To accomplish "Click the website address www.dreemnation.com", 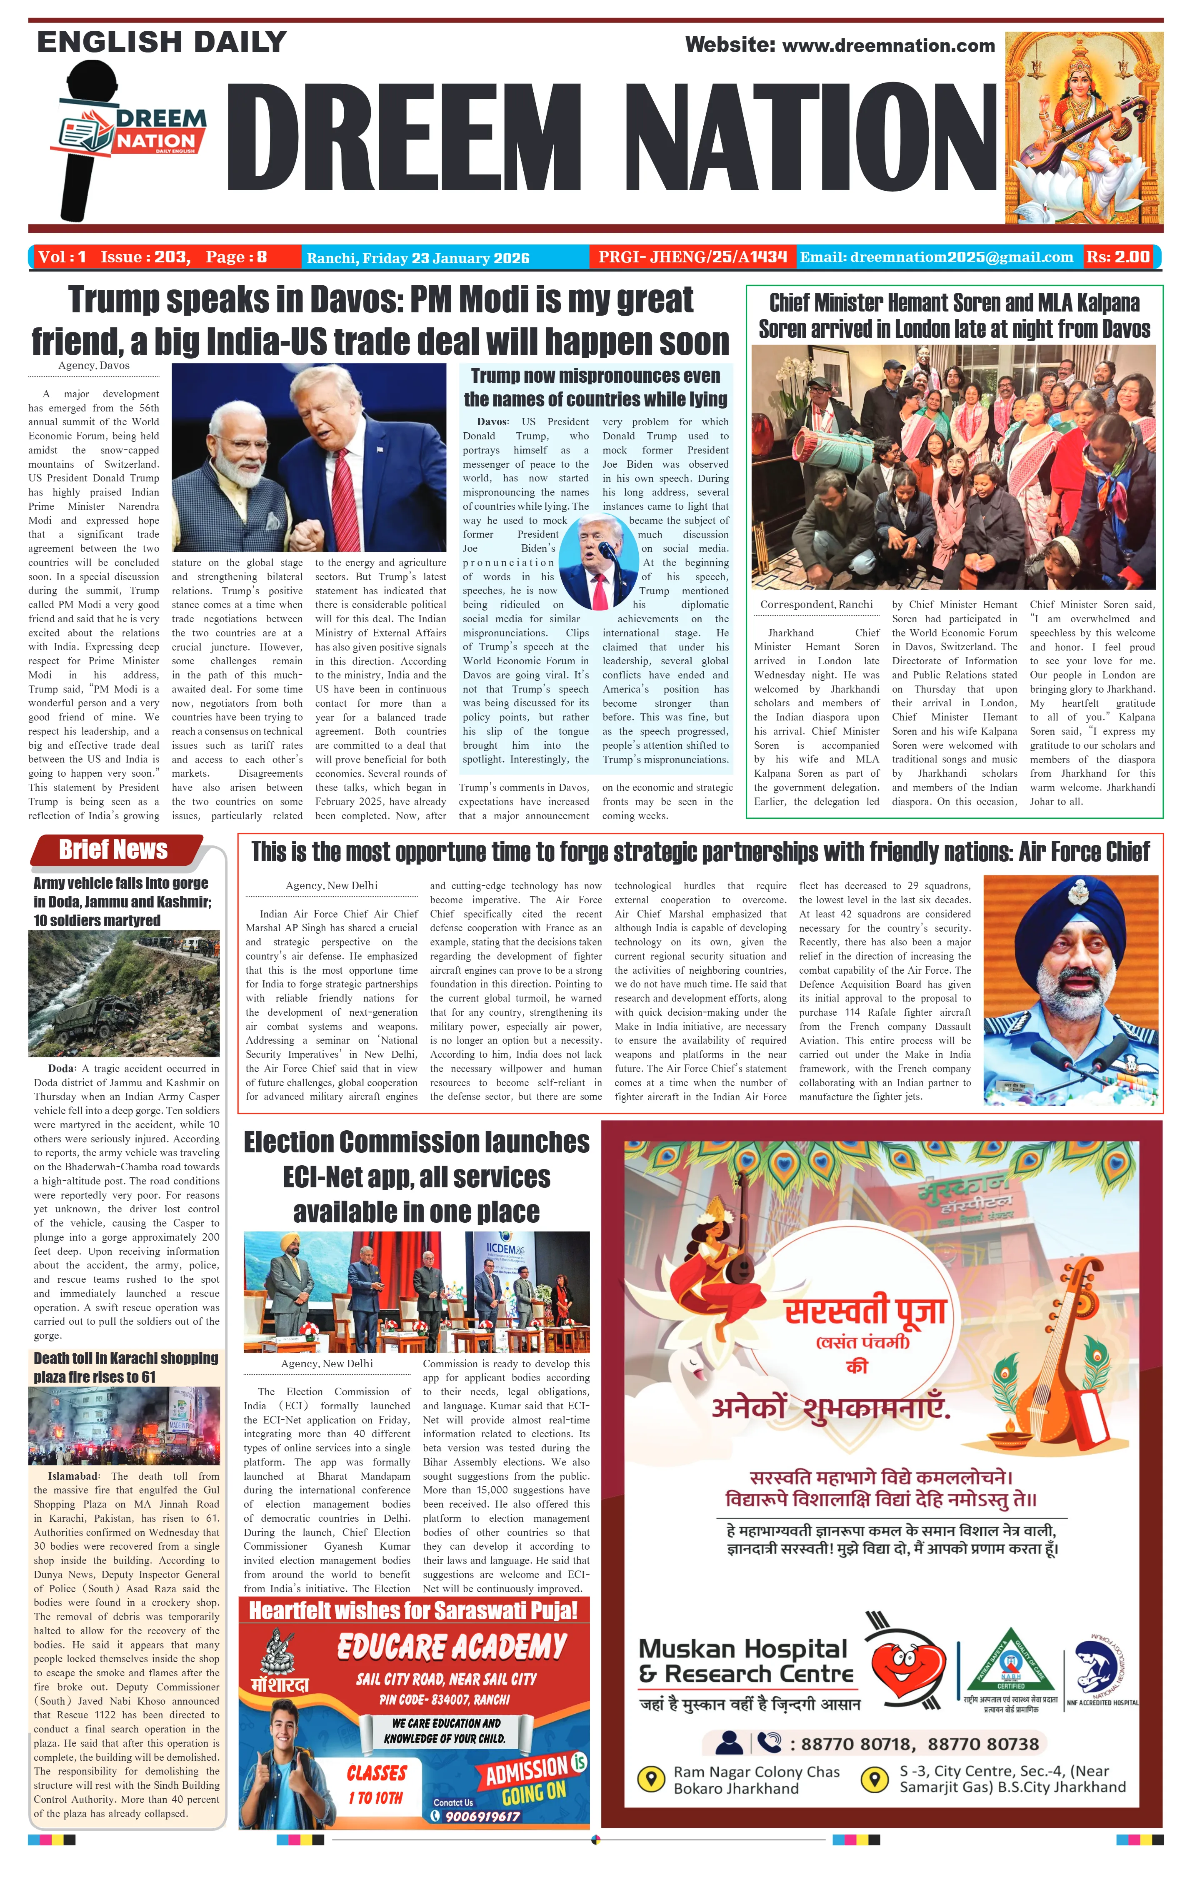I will click(888, 46).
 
